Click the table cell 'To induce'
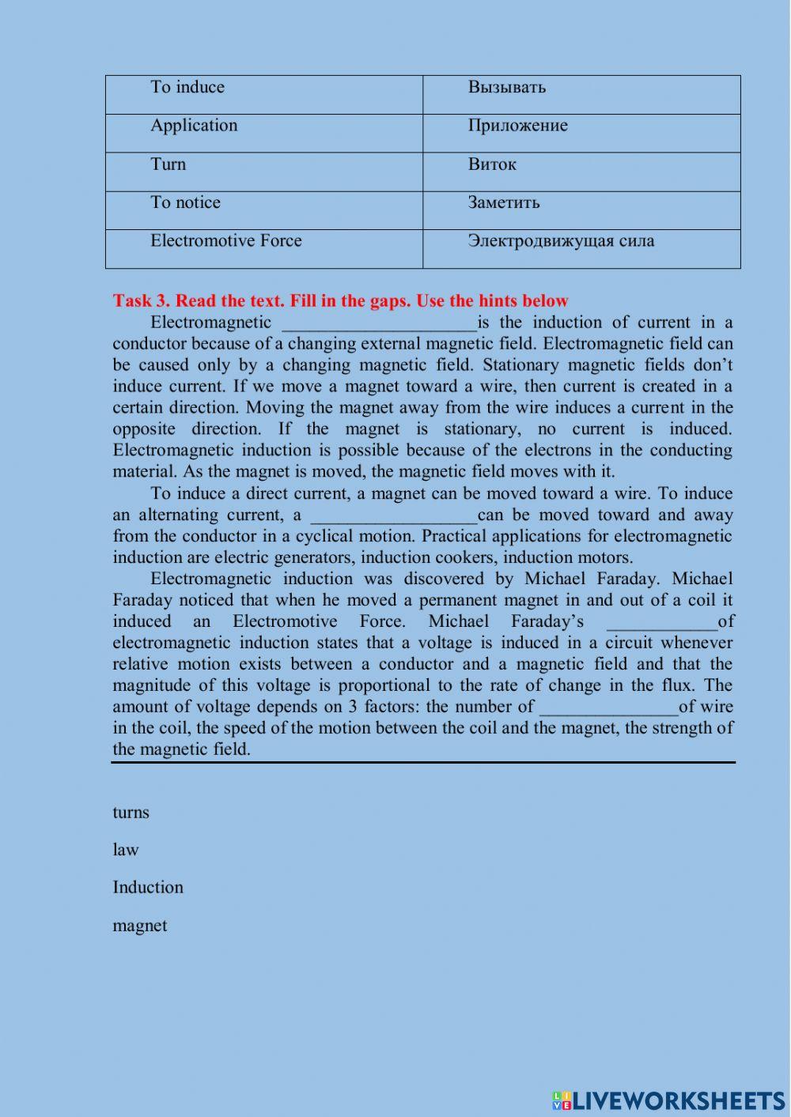pyautogui.click(x=263, y=95)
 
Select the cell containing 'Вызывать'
pyautogui.click(x=581, y=95)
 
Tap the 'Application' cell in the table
pyautogui.click(x=263, y=133)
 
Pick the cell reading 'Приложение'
pyautogui.click(x=581, y=133)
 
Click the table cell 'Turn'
pyautogui.click(x=263, y=172)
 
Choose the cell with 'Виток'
pyautogui.click(x=581, y=172)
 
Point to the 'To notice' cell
pyautogui.click(x=263, y=210)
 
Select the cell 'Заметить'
pyautogui.click(x=581, y=210)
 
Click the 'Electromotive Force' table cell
pyautogui.click(x=263, y=248)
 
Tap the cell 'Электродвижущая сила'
pyautogui.click(x=581, y=248)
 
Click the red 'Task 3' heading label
pyautogui.click(x=340, y=300)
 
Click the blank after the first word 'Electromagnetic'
pyautogui.click(x=380, y=323)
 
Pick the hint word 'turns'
pyautogui.click(x=131, y=813)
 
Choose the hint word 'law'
pyautogui.click(x=125, y=850)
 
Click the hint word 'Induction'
pyautogui.click(x=148, y=887)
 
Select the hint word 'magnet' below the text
pyautogui.click(x=139, y=926)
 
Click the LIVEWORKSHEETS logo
pyautogui.click(x=668, y=1100)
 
